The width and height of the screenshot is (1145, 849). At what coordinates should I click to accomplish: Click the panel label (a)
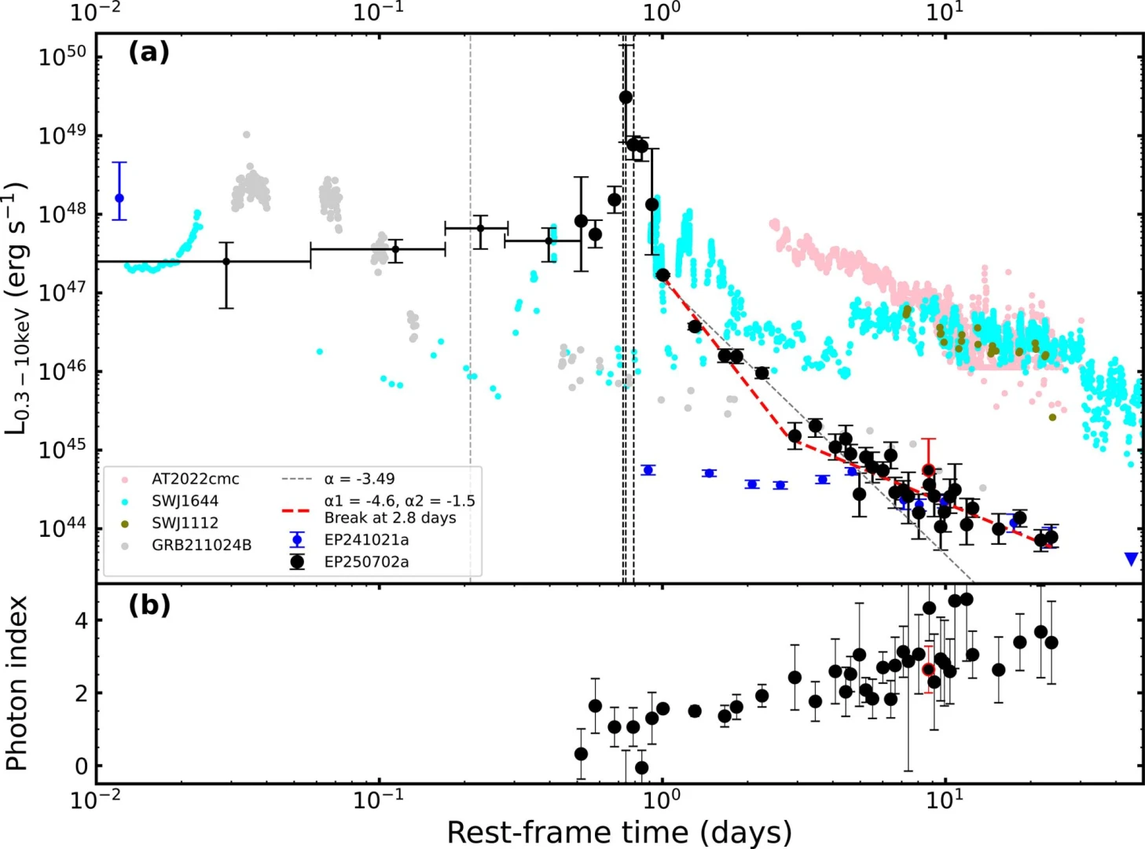(149, 53)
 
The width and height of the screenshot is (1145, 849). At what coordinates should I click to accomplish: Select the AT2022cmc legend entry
(195, 479)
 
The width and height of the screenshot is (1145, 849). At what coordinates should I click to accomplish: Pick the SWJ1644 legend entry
(185, 501)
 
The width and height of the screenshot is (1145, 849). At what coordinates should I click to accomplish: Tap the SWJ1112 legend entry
(185, 523)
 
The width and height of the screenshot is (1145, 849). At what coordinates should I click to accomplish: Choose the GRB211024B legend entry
(201, 545)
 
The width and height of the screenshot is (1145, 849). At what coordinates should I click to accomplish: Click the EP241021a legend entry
(366, 540)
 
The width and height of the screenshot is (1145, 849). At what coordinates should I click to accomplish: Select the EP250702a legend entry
(366, 562)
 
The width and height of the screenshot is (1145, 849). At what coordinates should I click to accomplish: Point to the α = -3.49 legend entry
(359, 479)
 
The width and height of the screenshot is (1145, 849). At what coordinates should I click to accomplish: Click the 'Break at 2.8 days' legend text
(390, 518)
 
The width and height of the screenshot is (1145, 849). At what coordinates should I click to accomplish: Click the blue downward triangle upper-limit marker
(1131, 559)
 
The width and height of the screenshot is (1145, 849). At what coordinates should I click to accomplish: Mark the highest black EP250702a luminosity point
(626, 97)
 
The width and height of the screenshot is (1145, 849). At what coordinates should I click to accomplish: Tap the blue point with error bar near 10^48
(119, 198)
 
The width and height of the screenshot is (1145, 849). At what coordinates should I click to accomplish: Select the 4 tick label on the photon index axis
(82, 621)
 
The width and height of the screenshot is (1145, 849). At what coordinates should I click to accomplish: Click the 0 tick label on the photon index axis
(82, 766)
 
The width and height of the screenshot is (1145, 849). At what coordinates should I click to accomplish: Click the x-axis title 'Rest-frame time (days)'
(618, 832)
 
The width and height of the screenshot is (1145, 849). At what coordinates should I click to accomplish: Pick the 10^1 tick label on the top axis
(945, 12)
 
